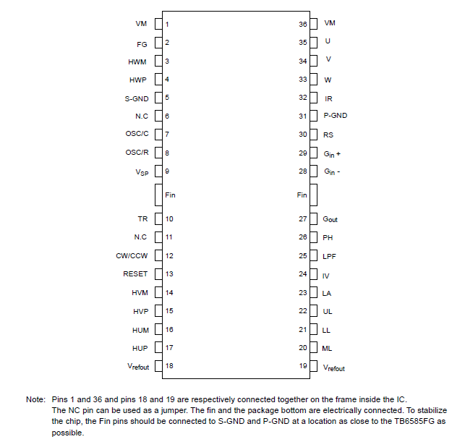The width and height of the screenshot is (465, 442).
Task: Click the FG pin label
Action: click(142, 44)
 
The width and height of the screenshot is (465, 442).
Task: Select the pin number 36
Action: click(303, 24)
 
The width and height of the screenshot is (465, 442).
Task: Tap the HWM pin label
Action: click(137, 62)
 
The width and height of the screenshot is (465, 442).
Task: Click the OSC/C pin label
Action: click(137, 134)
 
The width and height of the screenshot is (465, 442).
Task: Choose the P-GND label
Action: click(335, 116)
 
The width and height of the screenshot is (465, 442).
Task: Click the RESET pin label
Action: click(135, 274)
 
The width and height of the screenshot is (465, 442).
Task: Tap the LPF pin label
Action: click(329, 256)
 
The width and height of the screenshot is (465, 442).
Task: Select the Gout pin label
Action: click(330, 219)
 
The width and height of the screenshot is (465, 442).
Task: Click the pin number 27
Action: click(303, 218)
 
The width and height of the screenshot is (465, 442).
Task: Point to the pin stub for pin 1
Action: click(157, 25)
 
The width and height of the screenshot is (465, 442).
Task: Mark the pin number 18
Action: click(169, 365)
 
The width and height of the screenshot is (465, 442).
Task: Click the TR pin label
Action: click(142, 218)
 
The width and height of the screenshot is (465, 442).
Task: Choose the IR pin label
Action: click(328, 98)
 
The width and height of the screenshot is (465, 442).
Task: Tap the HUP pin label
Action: click(140, 347)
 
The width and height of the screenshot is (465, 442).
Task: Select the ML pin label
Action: click(327, 348)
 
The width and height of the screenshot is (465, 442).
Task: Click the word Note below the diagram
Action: click(35, 399)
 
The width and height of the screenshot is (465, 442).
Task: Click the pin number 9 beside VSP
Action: click(167, 171)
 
